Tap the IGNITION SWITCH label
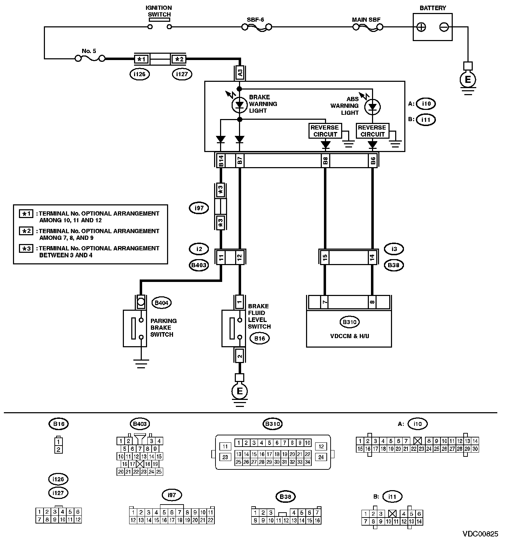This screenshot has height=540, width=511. [x=159, y=11]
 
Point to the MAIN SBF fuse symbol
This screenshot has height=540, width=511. [x=367, y=27]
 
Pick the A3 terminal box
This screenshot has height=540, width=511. [x=240, y=73]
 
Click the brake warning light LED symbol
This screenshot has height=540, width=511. [x=240, y=104]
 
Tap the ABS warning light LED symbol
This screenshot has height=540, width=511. [x=372, y=106]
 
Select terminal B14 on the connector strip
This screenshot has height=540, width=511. [x=221, y=161]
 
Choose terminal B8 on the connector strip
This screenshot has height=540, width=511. [x=325, y=161]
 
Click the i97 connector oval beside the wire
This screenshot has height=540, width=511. [x=199, y=208]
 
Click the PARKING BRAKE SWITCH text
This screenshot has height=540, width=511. [x=163, y=328]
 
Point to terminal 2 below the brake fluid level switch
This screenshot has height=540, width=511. [x=240, y=356]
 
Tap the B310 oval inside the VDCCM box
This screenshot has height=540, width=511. [x=350, y=322]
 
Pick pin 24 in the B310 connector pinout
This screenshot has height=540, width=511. [x=321, y=457]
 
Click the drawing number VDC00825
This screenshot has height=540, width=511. [x=480, y=534]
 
